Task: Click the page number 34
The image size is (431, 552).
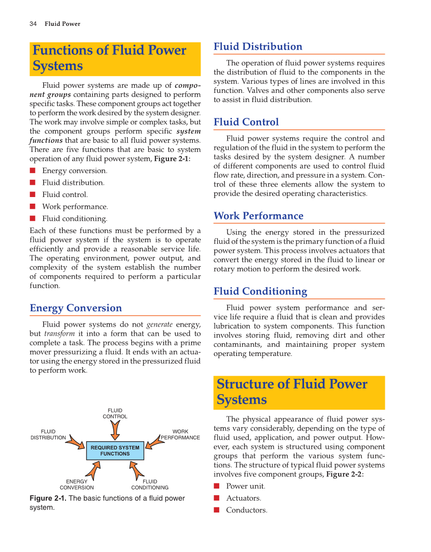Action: coord(33,24)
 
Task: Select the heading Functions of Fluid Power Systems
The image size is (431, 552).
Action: coord(109,58)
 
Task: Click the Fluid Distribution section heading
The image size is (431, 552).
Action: coord(257,47)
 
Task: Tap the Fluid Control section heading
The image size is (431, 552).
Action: coord(246,122)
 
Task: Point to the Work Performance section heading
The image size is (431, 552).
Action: coord(258,216)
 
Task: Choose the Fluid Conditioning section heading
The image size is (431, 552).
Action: coord(260,291)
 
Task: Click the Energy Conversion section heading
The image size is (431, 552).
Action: coord(76,308)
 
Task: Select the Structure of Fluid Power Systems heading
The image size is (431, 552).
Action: coord(291,392)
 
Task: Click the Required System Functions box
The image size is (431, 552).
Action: coord(115,450)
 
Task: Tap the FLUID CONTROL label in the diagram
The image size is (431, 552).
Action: coord(115,413)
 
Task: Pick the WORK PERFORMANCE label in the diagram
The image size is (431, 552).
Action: coord(180,435)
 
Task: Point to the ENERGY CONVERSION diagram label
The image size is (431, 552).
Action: coord(77,484)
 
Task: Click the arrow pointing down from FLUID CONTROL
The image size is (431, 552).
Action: coord(116,430)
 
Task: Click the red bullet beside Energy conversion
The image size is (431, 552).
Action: coord(32,171)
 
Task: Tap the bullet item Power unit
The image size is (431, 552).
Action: coord(245,486)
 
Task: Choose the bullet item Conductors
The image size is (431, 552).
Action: coord(246,510)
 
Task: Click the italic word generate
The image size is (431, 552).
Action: coord(159,324)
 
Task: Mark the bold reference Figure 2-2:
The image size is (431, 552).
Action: coord(345,474)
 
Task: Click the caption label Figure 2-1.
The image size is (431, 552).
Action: coord(48,499)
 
